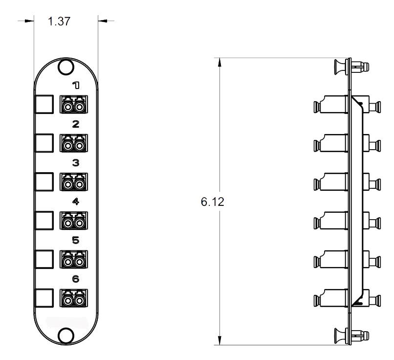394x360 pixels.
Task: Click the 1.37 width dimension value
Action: click(59, 21)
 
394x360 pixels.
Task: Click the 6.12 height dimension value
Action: click(212, 202)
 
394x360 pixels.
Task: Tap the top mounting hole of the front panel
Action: click(66, 67)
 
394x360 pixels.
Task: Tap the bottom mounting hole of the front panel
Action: click(66, 336)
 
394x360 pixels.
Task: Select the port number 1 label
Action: click(76, 86)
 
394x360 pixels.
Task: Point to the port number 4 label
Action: click(76, 202)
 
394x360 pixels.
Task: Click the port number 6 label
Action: click(76, 279)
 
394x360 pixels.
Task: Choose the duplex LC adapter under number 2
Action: click(74, 143)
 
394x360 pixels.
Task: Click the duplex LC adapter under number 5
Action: click(74, 259)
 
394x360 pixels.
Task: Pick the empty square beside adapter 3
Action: click(44, 181)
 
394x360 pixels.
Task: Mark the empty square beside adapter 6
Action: click(44, 298)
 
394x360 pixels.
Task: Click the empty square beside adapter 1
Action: click(44, 104)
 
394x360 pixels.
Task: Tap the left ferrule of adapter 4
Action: click(67, 223)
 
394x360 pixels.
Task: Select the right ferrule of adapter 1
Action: click(80, 107)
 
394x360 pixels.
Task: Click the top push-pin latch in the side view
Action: click(351, 67)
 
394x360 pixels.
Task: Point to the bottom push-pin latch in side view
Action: click(351, 336)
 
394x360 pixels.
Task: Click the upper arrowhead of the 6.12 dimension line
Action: click(219, 62)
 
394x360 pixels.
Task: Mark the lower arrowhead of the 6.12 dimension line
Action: click(219, 340)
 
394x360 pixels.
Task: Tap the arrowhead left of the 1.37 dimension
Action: click(29, 21)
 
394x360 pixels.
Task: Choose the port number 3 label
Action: click(76, 163)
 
